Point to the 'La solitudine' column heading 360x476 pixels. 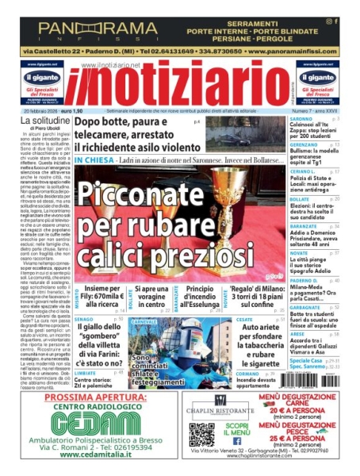coord(44,120)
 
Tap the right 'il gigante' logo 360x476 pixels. coord(316,78)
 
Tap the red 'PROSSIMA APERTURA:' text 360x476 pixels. coord(90,397)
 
